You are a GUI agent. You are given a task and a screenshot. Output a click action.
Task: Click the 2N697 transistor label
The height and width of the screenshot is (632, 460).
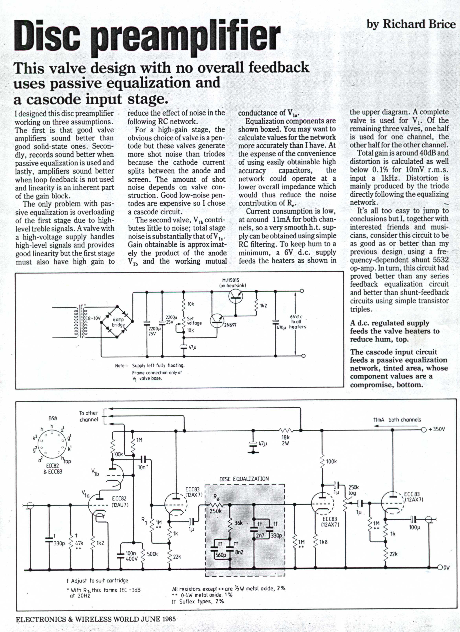[230, 325]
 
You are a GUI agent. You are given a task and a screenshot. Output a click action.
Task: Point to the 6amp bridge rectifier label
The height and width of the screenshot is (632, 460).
[118, 322]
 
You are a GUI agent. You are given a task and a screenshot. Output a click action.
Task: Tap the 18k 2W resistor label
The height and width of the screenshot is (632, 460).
[285, 441]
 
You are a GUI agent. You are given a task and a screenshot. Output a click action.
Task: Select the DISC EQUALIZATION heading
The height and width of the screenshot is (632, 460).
[244, 479]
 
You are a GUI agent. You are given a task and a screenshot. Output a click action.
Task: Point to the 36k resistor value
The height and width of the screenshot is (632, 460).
[238, 523]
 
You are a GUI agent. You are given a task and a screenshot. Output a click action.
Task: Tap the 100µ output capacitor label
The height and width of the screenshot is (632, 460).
[414, 527]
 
